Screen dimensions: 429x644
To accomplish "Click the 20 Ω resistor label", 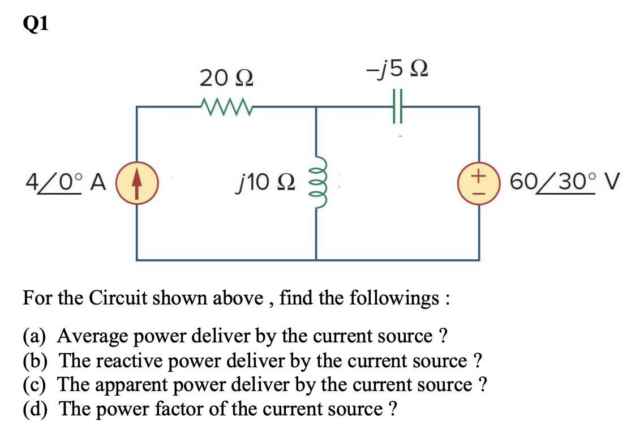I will point(226,78).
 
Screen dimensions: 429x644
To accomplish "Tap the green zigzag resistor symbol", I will point(226,105).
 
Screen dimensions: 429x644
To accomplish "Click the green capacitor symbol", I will point(397,106).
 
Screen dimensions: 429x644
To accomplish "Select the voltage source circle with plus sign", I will point(479,183).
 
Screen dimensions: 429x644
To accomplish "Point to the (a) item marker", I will point(35,336).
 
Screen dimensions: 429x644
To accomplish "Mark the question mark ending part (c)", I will point(482,384).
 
